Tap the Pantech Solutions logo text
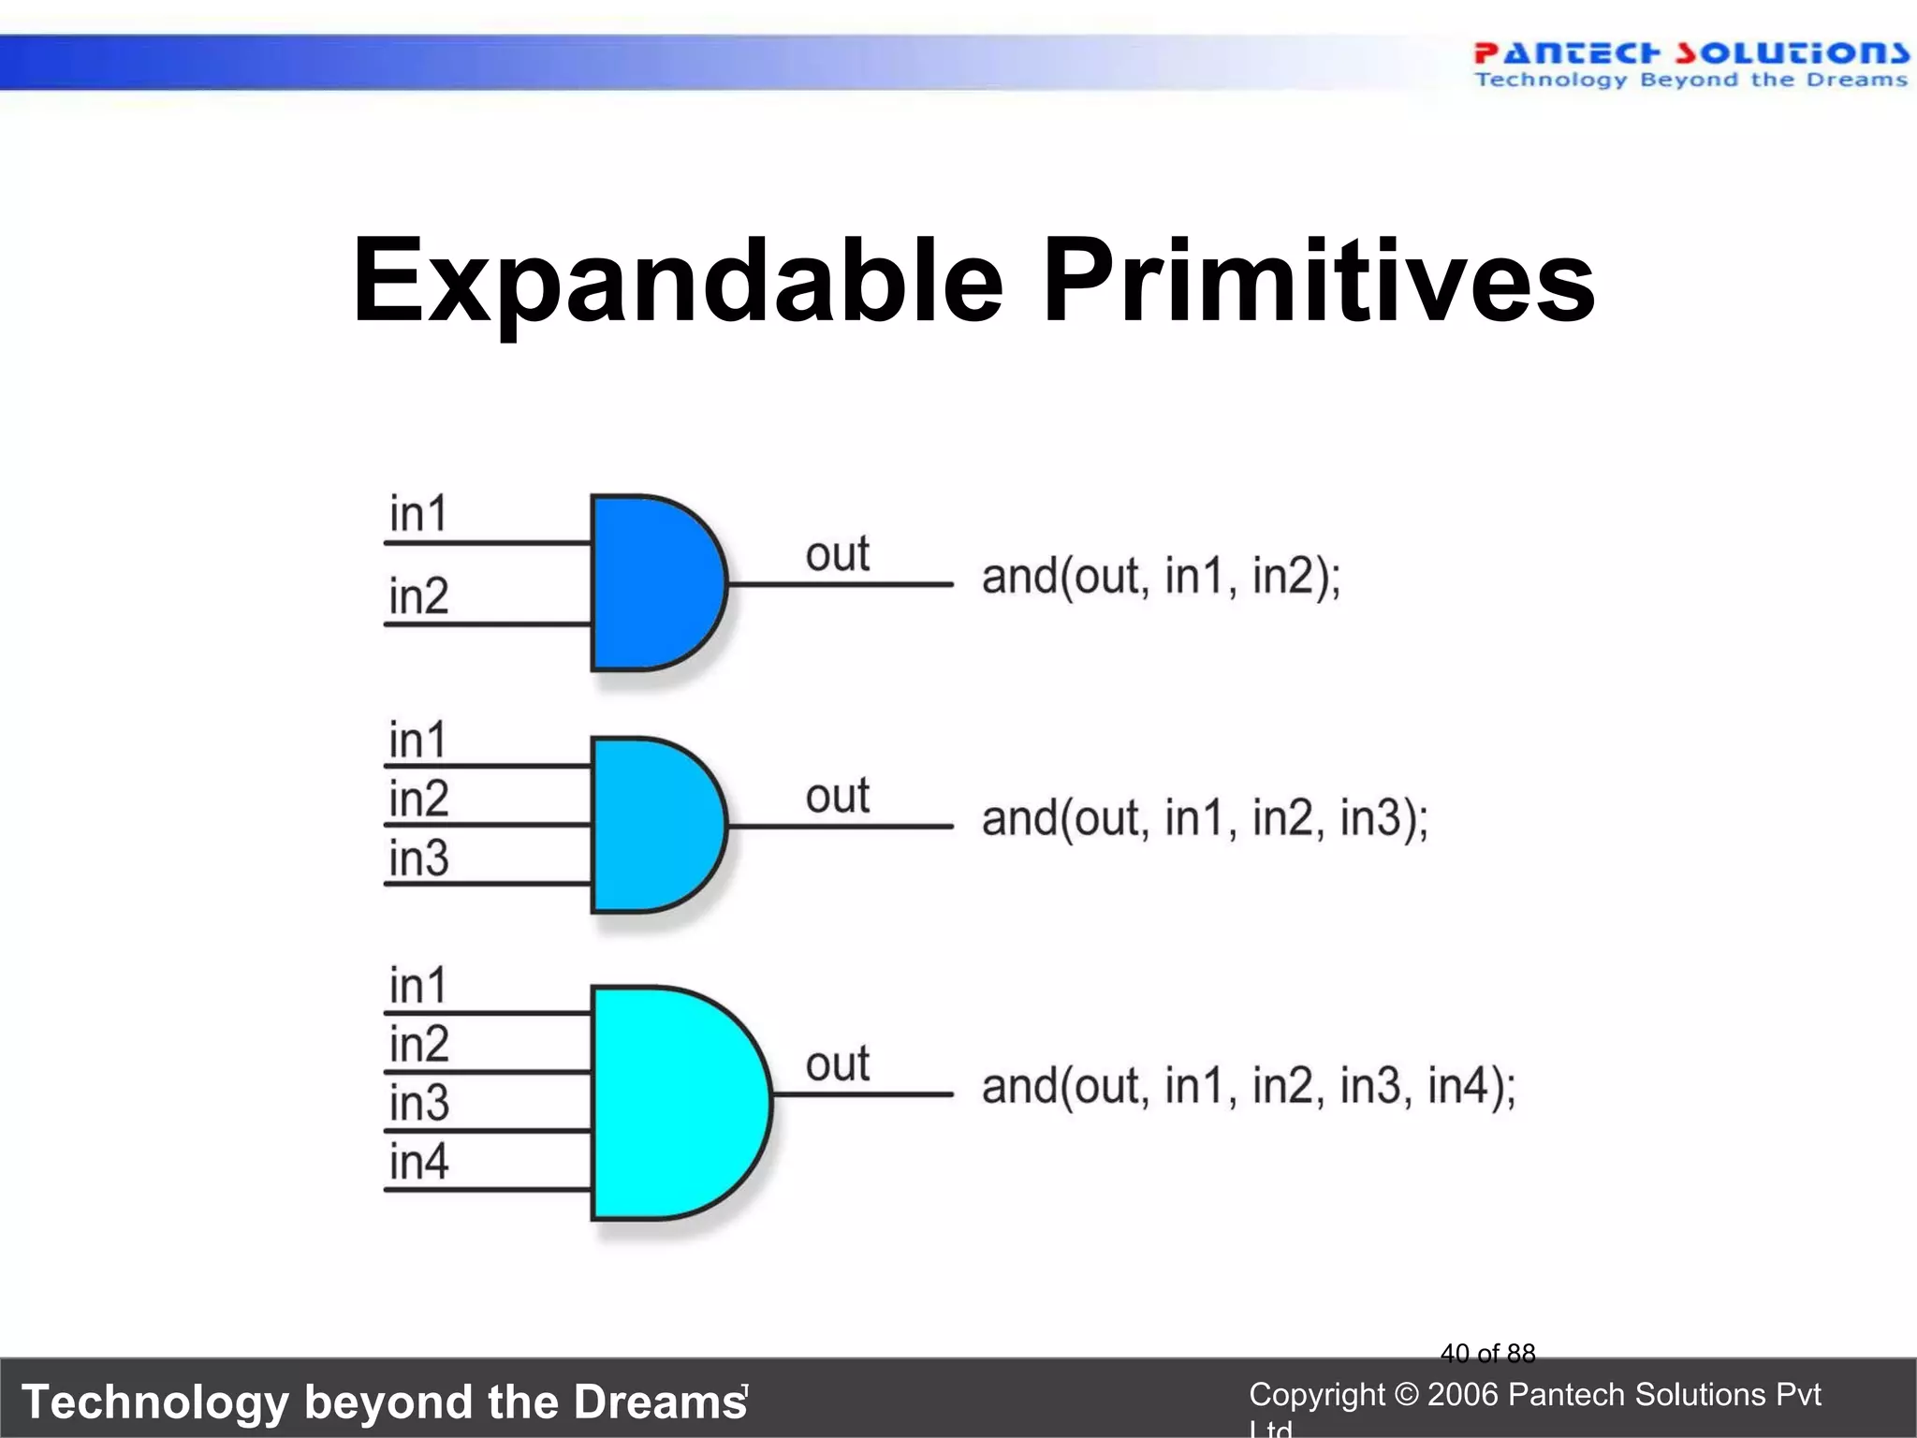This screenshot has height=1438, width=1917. click(1690, 53)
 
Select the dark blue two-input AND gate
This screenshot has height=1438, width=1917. click(651, 582)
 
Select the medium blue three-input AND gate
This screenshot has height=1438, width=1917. click(651, 825)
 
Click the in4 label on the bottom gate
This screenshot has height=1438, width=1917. click(418, 1162)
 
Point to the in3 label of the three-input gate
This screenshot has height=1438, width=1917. click(418, 858)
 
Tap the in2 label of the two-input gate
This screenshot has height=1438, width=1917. click(418, 596)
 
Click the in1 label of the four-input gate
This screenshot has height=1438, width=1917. click(418, 986)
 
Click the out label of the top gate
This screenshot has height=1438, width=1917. click(837, 554)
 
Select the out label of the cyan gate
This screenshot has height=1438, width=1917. click(837, 1064)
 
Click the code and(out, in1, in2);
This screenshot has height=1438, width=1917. click(1161, 576)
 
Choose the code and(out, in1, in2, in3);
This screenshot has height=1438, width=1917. click(1205, 818)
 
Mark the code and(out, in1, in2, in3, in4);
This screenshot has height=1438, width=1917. click(1249, 1086)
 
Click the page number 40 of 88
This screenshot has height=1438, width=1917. click(1487, 1353)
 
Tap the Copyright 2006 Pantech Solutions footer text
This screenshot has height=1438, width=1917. click(1534, 1395)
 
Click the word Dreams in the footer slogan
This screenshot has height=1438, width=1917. click(660, 1402)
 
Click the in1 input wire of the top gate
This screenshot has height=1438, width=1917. click(487, 542)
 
